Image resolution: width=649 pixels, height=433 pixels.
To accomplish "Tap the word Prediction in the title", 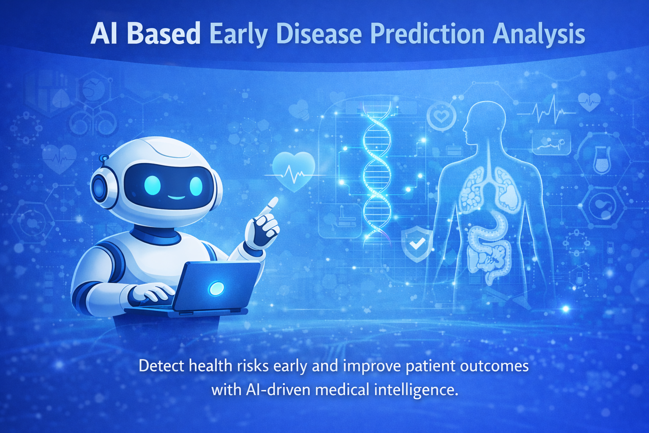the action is pyautogui.click(x=427, y=34).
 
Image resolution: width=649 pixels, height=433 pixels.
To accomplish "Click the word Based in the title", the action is pyautogui.click(x=164, y=34).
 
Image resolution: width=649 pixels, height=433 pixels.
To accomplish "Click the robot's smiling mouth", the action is pyautogui.click(x=177, y=198).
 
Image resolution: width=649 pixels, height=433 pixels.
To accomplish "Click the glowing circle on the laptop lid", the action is pyautogui.click(x=216, y=288).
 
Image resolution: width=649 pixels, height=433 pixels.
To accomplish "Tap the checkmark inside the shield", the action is pyautogui.click(x=417, y=243).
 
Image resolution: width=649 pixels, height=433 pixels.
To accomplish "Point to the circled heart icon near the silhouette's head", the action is pyautogui.click(x=441, y=116).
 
